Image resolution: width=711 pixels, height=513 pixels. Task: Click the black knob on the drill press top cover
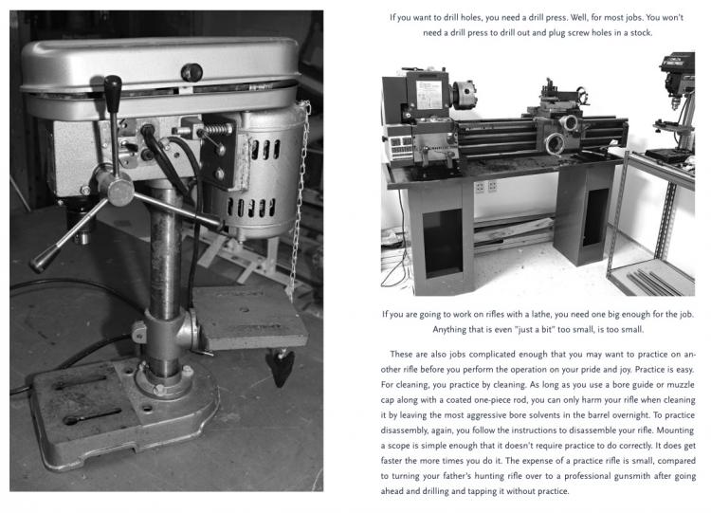pyautogui.click(x=192, y=71)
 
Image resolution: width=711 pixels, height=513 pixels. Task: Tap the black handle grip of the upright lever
pyautogui.click(x=113, y=96)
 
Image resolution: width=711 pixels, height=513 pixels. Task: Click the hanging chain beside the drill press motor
pyautogui.click(x=301, y=190)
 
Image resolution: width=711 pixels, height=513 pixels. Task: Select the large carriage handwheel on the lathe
pyautogui.click(x=569, y=124)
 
